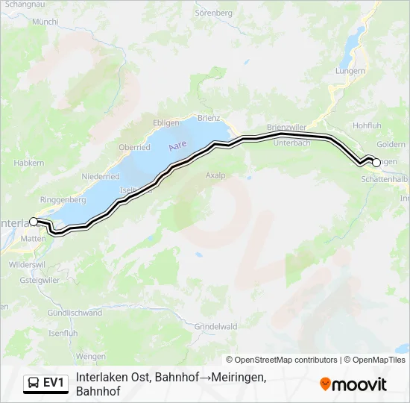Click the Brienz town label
point(210,118)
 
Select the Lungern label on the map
point(350,71)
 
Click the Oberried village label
point(134,147)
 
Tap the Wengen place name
point(91,357)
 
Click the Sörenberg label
point(215,13)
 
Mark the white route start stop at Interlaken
point(34,222)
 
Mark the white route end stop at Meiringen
point(376,162)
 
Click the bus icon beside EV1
point(34,384)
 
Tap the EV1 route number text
point(54,384)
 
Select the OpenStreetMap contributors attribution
point(282,360)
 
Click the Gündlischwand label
point(75,313)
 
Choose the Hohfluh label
point(368,125)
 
